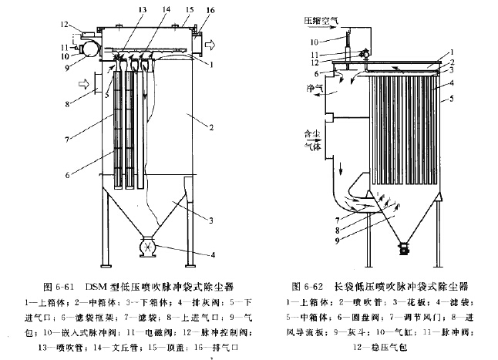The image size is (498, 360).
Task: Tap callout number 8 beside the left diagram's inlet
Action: coord(69,103)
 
